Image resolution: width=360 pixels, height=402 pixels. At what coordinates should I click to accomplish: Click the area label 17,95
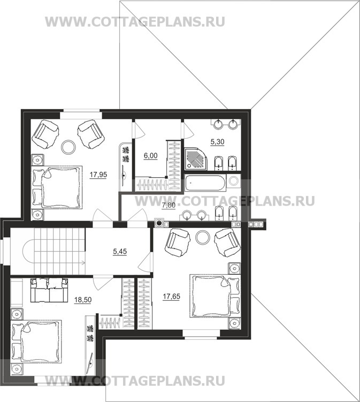pyautogui.click(x=98, y=175)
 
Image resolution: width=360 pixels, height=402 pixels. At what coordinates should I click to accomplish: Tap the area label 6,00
pyautogui.click(x=151, y=156)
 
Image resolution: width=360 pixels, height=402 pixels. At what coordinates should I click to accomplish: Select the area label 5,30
pyautogui.click(x=218, y=142)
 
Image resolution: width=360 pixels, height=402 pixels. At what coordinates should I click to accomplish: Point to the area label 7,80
pyautogui.click(x=168, y=206)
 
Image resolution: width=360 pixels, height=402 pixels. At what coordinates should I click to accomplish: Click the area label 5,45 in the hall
pyautogui.click(x=120, y=252)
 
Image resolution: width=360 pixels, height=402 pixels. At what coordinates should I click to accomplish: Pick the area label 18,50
pyautogui.click(x=83, y=300)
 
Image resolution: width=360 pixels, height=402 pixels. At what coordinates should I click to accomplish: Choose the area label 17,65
pyautogui.click(x=171, y=297)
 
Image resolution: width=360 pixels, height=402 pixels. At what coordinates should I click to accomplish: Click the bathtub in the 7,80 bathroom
pyautogui.click(x=205, y=183)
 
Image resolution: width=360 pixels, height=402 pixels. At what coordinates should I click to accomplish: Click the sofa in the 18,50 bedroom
pyautogui.click(x=49, y=290)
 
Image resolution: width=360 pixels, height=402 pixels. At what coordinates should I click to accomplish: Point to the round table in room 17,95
pyautogui.click(x=68, y=147)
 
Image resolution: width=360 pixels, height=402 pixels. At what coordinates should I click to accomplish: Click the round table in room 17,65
pyautogui.click(x=203, y=238)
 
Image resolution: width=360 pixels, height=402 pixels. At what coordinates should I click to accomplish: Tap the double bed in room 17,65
pyautogui.click(x=215, y=296)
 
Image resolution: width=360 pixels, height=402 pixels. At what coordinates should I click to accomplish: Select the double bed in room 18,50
pyautogui.click(x=36, y=341)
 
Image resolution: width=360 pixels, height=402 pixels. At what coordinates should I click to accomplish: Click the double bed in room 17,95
pyautogui.click(x=57, y=188)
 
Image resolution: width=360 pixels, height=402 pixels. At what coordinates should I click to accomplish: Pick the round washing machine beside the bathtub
pyautogui.click(x=234, y=181)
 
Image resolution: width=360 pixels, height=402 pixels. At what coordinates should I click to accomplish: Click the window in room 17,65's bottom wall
pyautogui.click(x=201, y=333)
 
